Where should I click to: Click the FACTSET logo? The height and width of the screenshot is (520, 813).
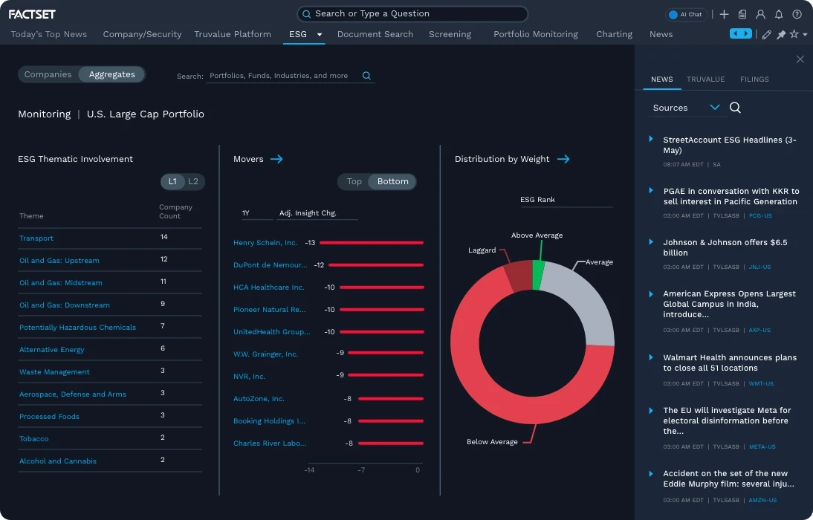click(32, 14)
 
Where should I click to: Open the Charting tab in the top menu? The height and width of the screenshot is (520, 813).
click(614, 34)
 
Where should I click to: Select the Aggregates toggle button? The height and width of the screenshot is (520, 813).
click(112, 74)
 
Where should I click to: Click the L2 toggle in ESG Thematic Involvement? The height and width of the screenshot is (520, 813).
click(193, 181)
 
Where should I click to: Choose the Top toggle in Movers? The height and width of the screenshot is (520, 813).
click(354, 181)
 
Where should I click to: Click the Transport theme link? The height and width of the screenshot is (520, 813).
click(36, 238)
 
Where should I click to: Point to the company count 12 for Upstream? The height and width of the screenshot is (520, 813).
click(163, 259)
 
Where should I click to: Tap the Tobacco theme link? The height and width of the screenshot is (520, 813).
click(34, 439)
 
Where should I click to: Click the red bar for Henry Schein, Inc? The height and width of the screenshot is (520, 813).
click(372, 243)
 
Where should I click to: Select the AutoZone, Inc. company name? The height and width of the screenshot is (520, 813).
click(259, 399)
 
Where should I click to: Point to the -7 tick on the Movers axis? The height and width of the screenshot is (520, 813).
click(361, 470)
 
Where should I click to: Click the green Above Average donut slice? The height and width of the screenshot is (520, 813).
click(538, 275)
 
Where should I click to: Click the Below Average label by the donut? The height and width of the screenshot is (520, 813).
click(492, 442)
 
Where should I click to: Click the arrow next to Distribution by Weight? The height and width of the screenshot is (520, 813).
click(563, 159)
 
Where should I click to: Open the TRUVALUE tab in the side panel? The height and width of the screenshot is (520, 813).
click(705, 79)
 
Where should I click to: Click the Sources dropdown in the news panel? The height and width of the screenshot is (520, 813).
click(686, 108)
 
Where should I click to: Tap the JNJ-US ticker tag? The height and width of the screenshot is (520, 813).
click(759, 267)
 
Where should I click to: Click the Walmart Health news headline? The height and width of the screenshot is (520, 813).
click(729, 363)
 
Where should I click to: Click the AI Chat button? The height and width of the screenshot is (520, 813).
click(685, 14)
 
